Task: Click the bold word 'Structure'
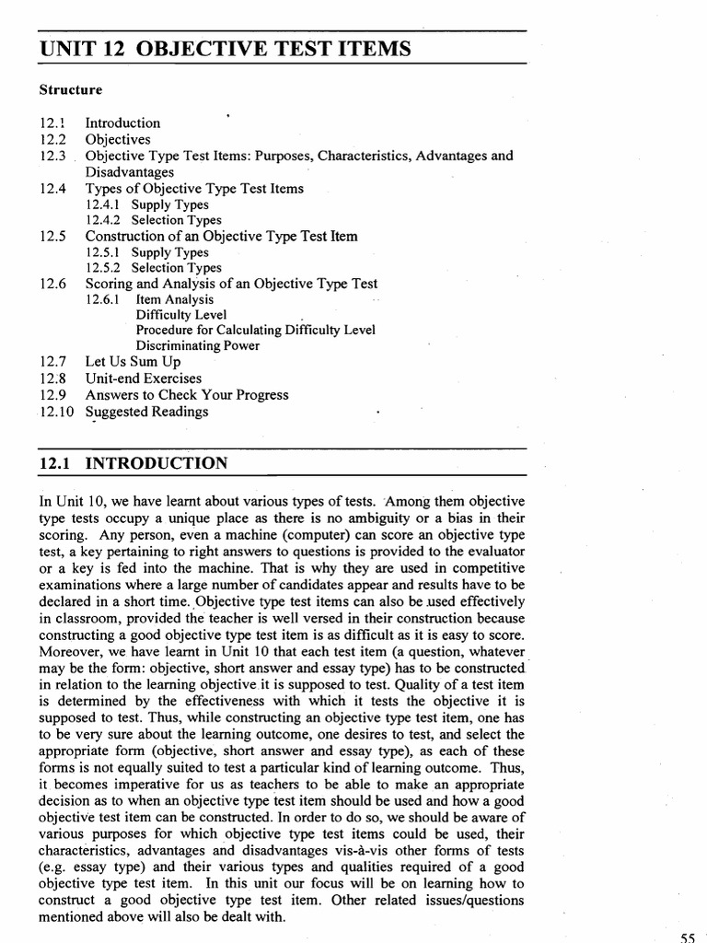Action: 70,90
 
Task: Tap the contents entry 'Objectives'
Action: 118,139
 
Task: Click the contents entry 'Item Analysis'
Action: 174,299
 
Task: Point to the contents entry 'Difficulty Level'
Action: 180,315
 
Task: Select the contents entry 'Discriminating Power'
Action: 197,346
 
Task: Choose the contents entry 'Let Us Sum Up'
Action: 133,362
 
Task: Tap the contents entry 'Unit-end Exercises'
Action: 143,378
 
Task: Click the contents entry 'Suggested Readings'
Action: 146,412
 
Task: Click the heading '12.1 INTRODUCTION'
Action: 133,463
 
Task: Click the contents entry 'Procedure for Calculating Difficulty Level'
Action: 255,331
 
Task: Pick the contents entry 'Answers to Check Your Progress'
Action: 187,395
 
